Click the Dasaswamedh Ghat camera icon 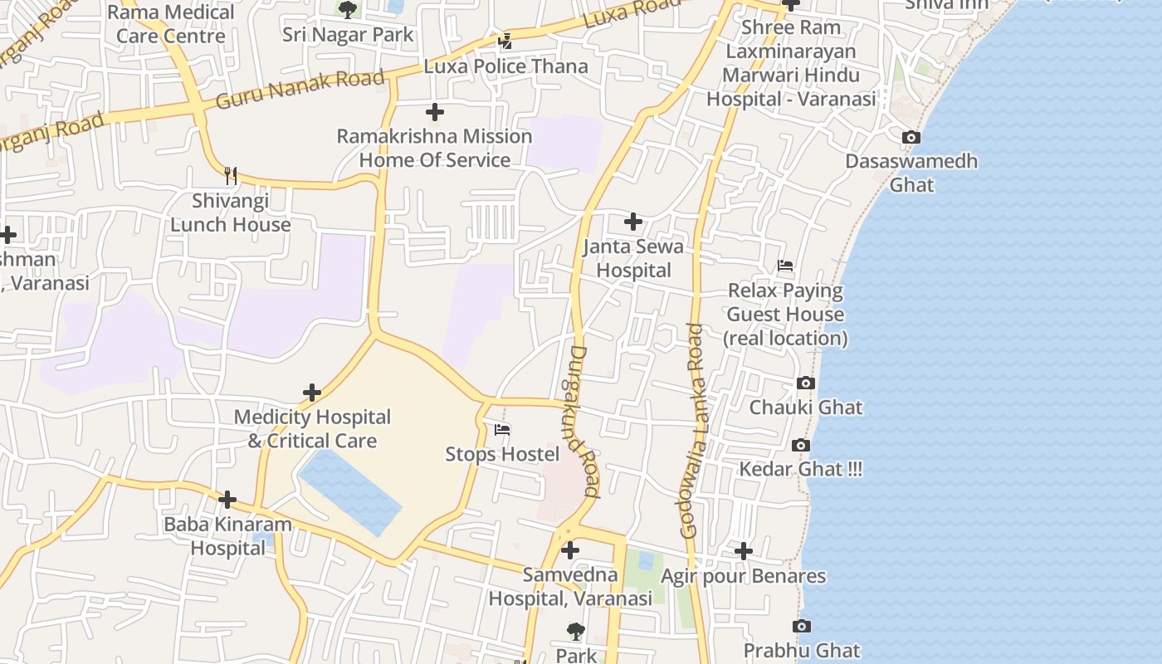click(911, 137)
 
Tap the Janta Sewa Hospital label click(633, 258)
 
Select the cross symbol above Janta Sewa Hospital click(633, 222)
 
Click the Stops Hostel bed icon click(502, 430)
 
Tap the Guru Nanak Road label click(300, 90)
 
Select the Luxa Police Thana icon click(505, 41)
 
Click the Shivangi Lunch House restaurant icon click(231, 176)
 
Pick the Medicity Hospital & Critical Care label click(312, 429)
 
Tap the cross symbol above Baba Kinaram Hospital click(227, 500)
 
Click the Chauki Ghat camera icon click(805, 383)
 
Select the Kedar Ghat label click(800, 469)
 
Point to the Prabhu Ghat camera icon click(801, 627)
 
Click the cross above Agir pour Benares click(744, 550)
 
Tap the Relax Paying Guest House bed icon click(785, 266)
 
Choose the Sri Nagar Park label click(348, 34)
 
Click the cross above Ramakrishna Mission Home click(434, 112)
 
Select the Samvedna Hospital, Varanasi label click(570, 586)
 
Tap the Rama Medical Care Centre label click(171, 24)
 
